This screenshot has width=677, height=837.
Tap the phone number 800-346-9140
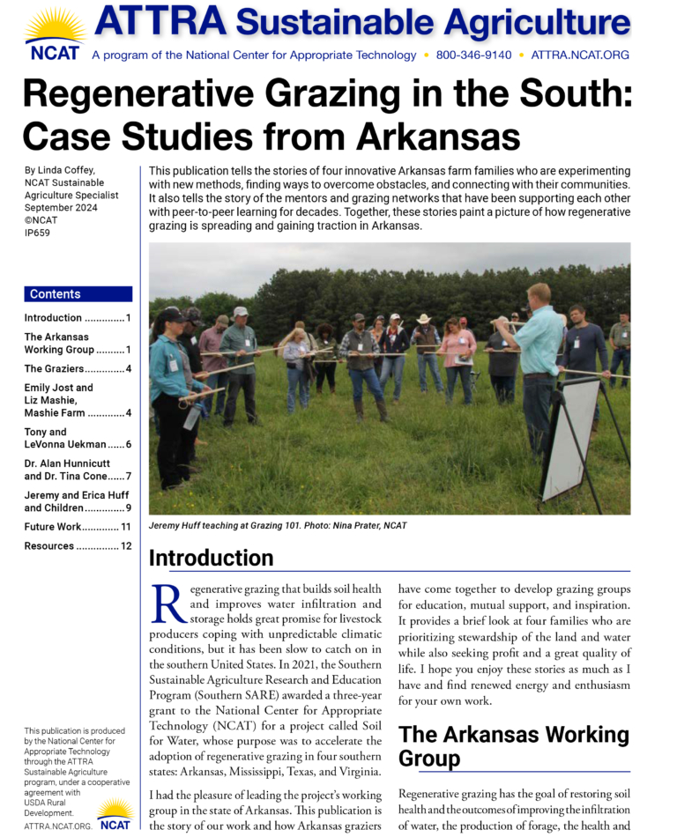pos(473,55)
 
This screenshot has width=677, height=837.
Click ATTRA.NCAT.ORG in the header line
pos(580,55)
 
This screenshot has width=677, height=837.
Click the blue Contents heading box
pos(78,294)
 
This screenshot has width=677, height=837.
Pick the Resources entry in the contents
pos(49,546)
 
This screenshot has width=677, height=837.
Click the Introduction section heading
pos(211,558)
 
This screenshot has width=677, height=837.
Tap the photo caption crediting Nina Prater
pos(278,526)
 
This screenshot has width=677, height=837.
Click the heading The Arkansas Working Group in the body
pos(513,745)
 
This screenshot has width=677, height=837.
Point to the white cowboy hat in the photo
pos(424,318)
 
